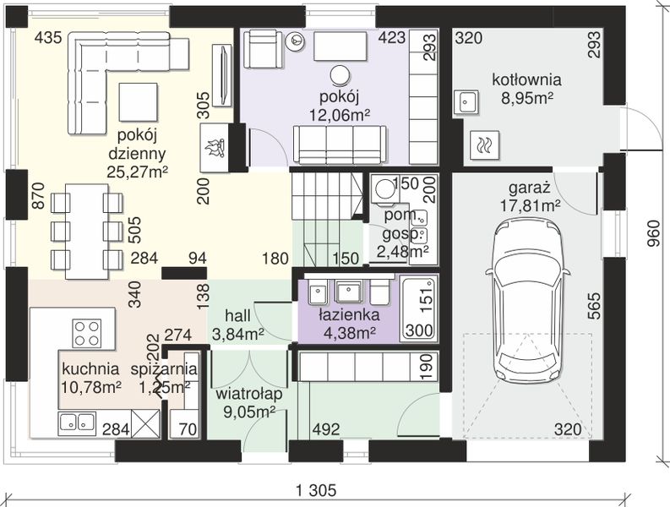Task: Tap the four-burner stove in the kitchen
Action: [x=87, y=333]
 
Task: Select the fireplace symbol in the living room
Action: [x=215, y=148]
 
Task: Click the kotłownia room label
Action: [x=527, y=80]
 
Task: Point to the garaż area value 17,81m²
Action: [x=531, y=206]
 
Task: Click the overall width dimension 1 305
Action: [x=316, y=490]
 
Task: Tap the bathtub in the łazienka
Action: [x=419, y=308]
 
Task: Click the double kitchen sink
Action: [x=77, y=422]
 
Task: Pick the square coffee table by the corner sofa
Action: [x=139, y=102]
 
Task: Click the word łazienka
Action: [x=349, y=315]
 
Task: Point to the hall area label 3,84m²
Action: [x=237, y=334]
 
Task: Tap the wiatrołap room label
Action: [x=248, y=393]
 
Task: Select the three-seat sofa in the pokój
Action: [x=340, y=145]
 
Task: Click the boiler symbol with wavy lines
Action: [x=484, y=145]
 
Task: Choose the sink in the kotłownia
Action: [x=466, y=101]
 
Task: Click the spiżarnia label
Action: [x=164, y=369]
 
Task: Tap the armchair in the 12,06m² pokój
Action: [x=263, y=48]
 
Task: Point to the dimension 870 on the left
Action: [x=38, y=195]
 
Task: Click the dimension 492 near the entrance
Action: [x=326, y=429]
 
